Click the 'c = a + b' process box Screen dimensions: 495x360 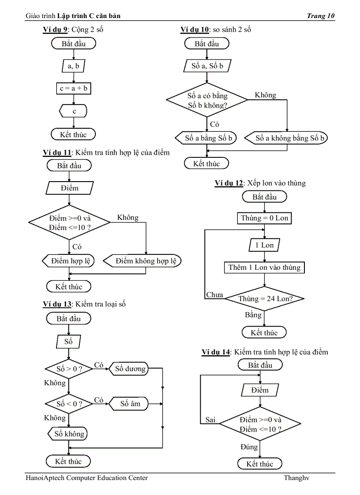click(x=74, y=89)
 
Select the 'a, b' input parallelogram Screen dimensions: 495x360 click(x=74, y=66)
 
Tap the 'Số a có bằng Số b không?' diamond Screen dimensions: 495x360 click(x=207, y=100)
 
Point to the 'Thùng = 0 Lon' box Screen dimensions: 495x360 click(x=264, y=218)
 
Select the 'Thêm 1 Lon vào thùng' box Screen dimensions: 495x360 click(x=264, y=268)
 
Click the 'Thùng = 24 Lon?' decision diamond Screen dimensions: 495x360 click(x=265, y=298)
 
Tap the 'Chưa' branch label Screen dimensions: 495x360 click(x=214, y=295)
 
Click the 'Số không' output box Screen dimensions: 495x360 click(x=69, y=434)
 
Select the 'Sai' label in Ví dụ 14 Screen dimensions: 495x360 click(x=210, y=420)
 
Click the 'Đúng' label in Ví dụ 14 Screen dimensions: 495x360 click(x=249, y=447)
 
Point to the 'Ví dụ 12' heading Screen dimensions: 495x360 click(x=229, y=183)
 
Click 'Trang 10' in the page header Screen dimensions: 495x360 click(x=321, y=16)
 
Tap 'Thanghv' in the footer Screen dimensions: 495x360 click(x=296, y=478)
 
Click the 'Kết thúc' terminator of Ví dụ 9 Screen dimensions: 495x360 click(x=74, y=134)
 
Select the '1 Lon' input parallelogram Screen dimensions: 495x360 click(x=264, y=245)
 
